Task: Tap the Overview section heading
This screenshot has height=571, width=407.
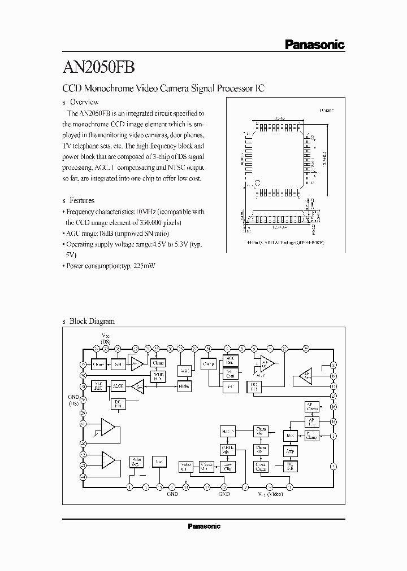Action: pyautogui.click(x=84, y=102)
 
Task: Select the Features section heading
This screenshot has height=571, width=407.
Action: pyautogui.click(x=82, y=200)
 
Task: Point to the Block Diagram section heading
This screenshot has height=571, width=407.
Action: pyautogui.click(x=92, y=321)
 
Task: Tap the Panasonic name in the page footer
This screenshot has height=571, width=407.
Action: pyautogui.click(x=203, y=526)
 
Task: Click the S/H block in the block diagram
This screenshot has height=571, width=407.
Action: pyautogui.click(x=118, y=364)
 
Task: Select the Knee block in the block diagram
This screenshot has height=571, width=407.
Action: pyautogui.click(x=184, y=386)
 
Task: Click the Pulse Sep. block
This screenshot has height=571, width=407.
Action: pyautogui.click(x=136, y=462)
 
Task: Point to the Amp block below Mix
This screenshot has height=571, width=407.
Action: pyautogui.click(x=290, y=451)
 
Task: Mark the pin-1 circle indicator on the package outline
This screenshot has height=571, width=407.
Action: pyautogui.click(x=257, y=183)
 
